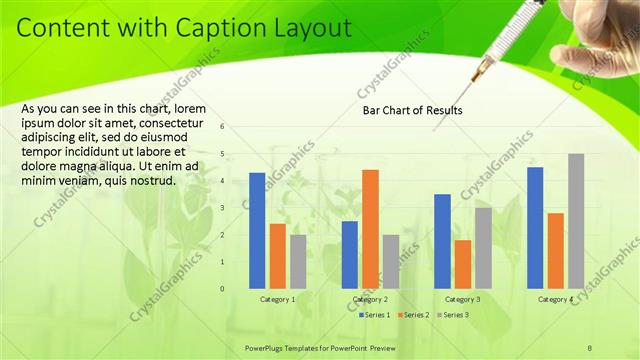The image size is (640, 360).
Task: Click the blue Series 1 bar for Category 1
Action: [x=257, y=231]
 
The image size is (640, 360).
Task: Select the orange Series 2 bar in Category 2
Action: [x=370, y=229]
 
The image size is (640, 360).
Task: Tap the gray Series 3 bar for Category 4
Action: [x=576, y=221]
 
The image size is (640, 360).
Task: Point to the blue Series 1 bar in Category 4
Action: [x=535, y=228]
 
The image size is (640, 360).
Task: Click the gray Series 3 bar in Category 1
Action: [x=298, y=262]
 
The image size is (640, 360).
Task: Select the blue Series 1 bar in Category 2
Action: [x=350, y=255]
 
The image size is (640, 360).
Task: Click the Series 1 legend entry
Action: [x=375, y=314]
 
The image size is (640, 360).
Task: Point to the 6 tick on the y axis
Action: [x=236, y=127]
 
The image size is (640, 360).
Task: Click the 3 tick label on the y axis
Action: [x=236, y=208]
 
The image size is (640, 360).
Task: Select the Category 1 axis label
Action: [x=277, y=299]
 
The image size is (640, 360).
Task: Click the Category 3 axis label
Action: [x=462, y=299]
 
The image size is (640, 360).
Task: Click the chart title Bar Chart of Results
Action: [x=412, y=110]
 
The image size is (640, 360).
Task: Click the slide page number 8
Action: [x=590, y=347]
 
